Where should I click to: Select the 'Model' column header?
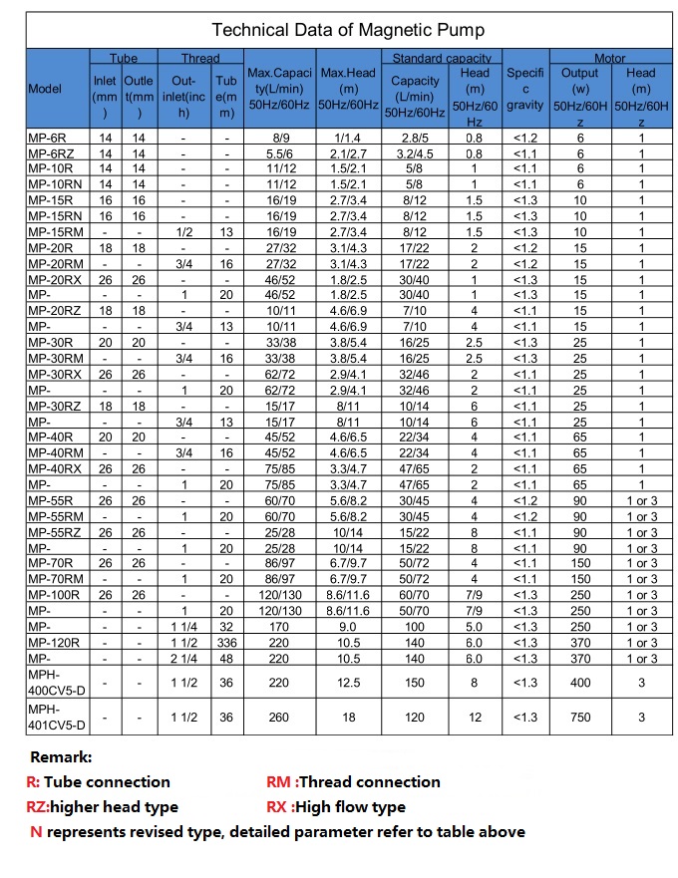coord(45,88)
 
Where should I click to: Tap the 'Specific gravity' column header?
coord(525,88)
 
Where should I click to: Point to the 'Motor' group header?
coord(609,58)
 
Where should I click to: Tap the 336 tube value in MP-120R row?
coord(227,643)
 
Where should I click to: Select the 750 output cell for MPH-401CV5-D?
coord(580,717)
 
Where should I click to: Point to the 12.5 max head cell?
coord(349,684)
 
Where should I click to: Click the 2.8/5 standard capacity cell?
coord(416,138)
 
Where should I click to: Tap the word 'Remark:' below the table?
coord(61,757)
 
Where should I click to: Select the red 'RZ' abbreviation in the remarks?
coord(37,806)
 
